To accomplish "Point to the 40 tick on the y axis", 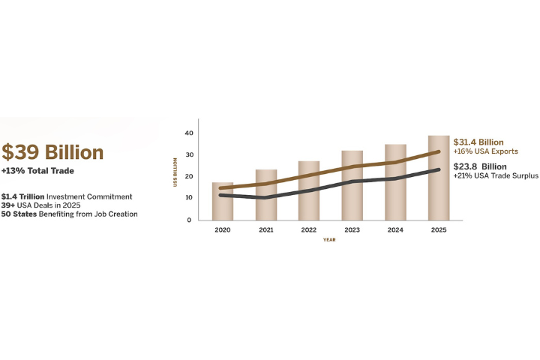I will (189, 133).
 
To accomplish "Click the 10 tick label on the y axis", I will (189, 198).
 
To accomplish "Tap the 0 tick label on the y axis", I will (190, 220).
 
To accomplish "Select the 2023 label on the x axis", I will (352, 230).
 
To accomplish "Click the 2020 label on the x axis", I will (223, 230).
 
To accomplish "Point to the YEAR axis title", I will (329, 240).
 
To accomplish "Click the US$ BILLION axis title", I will (175, 171).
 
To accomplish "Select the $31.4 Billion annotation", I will (478, 142).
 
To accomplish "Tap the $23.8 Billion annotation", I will (480, 166).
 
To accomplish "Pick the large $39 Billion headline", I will (52, 152).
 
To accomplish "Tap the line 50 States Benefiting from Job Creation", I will (69, 214).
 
